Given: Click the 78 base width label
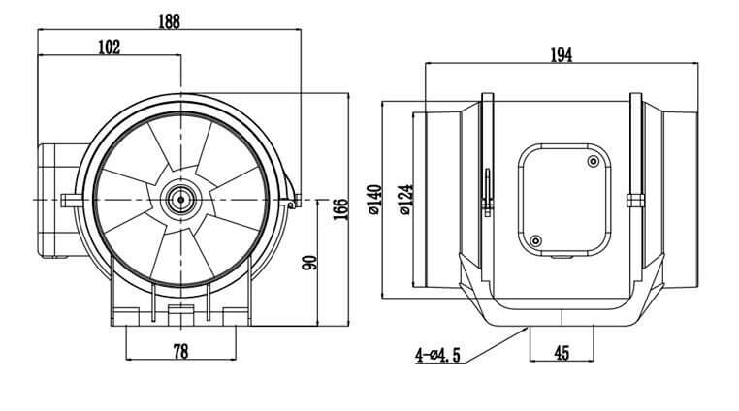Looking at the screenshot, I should click(x=179, y=351).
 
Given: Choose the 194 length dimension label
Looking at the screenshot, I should click(x=560, y=55).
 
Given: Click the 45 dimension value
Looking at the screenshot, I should click(x=561, y=354).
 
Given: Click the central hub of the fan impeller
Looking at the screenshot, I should click(x=180, y=199).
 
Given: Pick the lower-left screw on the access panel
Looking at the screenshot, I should click(x=534, y=239).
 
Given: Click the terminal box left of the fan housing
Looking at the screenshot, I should click(x=53, y=202).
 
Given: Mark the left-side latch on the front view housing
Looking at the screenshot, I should click(x=68, y=200).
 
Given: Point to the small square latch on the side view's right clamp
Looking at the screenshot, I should click(x=636, y=201).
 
